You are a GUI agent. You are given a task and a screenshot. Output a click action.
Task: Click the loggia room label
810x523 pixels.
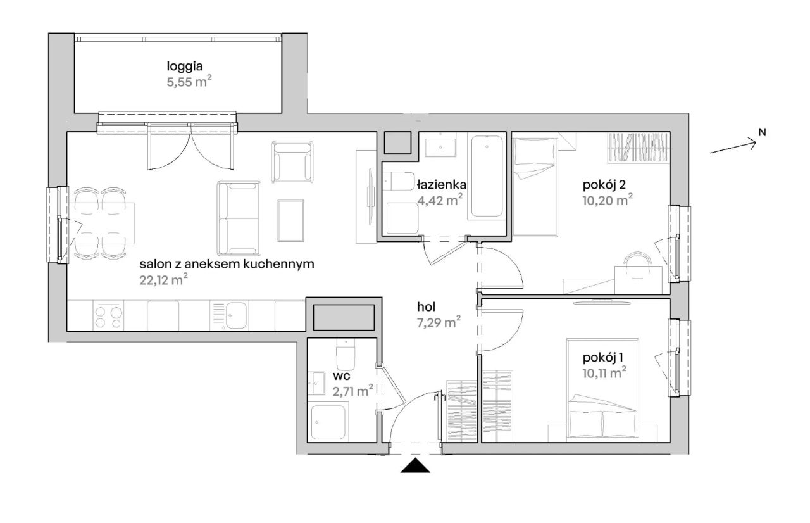pos(184,67)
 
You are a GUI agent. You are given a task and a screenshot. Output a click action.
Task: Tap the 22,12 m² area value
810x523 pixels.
pos(163,280)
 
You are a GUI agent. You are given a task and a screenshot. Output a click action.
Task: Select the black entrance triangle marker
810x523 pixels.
pos(415,465)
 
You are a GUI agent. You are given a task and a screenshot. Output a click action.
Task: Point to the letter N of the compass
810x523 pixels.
pos(762,133)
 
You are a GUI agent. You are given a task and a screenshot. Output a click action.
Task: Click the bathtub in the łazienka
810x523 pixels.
pos(487,176)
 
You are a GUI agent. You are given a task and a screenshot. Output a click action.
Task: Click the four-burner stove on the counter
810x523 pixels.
pos(108,316)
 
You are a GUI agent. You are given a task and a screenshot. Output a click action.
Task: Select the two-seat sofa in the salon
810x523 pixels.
pos(239,218)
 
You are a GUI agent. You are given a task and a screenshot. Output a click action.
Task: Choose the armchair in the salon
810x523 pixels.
pos(292,161)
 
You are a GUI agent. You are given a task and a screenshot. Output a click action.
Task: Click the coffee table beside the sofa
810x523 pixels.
pos(290,220)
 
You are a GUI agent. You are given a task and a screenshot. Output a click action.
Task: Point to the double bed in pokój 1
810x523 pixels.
pos(602,390)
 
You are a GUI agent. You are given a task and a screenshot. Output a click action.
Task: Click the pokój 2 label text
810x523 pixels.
pos(604,185)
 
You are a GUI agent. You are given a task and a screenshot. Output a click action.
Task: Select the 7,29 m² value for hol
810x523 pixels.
pos(439,322)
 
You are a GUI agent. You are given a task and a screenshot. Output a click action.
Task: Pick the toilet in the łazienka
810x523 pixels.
pos(399,181)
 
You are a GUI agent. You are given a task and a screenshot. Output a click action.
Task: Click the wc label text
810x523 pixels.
pos(341,376)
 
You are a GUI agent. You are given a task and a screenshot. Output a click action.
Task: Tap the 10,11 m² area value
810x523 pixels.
pos(604,372)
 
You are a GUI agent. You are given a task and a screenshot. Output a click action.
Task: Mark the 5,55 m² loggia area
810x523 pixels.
pos(189,82)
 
